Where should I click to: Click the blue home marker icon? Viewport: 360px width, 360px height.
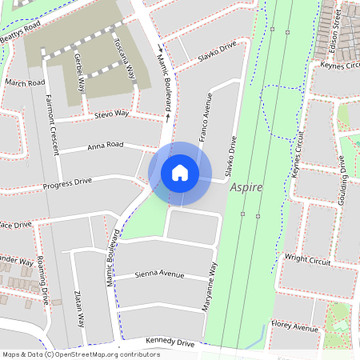tap(180, 173)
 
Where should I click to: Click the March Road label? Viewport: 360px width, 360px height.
tap(25, 82)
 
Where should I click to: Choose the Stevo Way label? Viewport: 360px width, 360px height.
tap(111, 114)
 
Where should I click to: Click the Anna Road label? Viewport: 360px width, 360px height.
tap(105, 145)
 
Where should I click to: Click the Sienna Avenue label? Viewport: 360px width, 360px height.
tap(159, 274)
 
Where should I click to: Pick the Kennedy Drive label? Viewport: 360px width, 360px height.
tap(170, 342)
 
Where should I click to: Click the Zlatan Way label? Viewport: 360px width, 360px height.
tap(79, 308)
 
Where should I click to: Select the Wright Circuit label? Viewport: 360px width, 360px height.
tap(308, 258)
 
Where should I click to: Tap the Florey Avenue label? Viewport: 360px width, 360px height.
tap(294, 326)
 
